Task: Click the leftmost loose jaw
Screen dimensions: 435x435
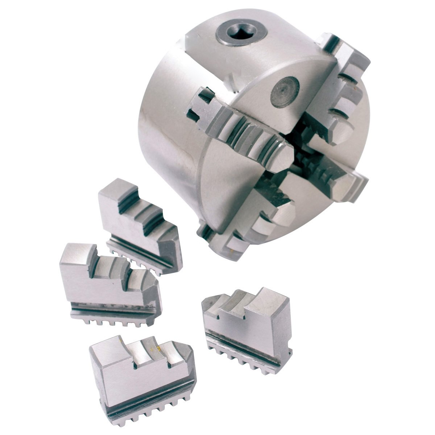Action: pyautogui.click(x=109, y=283)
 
